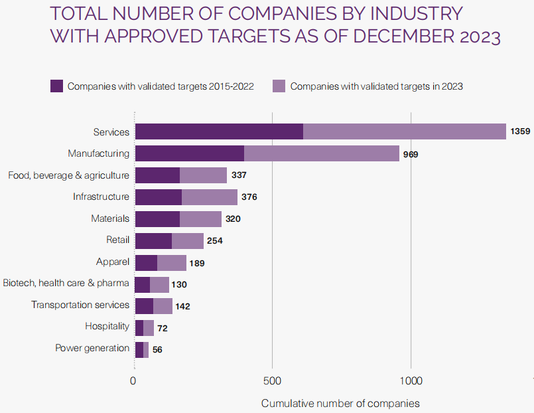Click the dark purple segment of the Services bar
point(219,131)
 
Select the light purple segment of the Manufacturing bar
point(322,153)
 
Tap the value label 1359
point(519,132)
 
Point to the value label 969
point(409,154)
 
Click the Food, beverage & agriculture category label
point(68,175)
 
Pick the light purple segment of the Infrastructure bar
point(210,197)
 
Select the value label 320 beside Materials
point(232,218)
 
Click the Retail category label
point(117,240)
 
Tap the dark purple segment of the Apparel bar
point(146,262)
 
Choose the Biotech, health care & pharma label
point(66,284)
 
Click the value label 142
point(183,306)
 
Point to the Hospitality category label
point(107,326)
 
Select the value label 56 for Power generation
point(158,349)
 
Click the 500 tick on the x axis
point(272,380)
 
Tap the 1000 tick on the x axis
point(411,380)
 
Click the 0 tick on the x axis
point(133,380)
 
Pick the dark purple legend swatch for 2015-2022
point(57,86)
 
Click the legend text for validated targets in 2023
point(376,86)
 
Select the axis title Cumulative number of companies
point(340,403)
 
